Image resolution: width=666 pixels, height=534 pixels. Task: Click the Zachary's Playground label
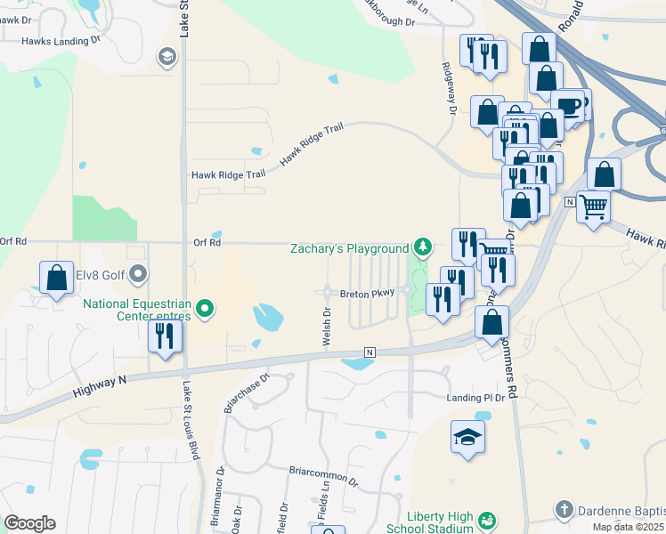pos(349,248)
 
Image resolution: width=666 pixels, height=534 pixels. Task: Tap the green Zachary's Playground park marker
pos(424,247)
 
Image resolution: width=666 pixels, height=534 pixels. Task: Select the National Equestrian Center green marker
pos(206,310)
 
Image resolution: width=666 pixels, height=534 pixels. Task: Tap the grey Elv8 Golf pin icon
pos(138,274)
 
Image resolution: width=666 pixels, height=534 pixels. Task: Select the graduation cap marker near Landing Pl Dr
pos(467,437)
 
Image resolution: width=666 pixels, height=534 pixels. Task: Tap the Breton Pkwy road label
pos(366,293)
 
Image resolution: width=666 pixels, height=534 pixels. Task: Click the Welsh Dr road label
pos(327,321)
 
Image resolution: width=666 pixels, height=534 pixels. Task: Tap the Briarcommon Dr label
pos(322,474)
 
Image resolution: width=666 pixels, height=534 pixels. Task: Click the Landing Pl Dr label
pos(475,397)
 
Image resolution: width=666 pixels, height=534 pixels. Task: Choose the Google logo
pos(29,522)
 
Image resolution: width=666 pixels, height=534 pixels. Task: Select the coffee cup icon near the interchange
pos(567,106)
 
